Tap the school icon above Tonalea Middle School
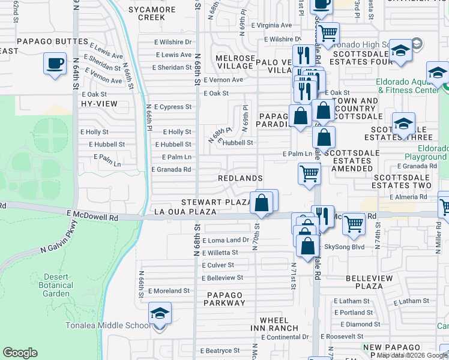pyautogui.click(x=160, y=314)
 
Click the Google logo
pyautogui.click(x=20, y=353)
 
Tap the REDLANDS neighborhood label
pyautogui.click(x=240, y=179)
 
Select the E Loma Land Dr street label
pyautogui.click(x=225, y=240)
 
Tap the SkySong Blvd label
pyautogui.click(x=344, y=247)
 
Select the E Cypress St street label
pyautogui.click(x=172, y=107)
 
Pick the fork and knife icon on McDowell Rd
pyautogui.click(x=323, y=217)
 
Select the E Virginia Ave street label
pyautogui.click(x=271, y=25)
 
